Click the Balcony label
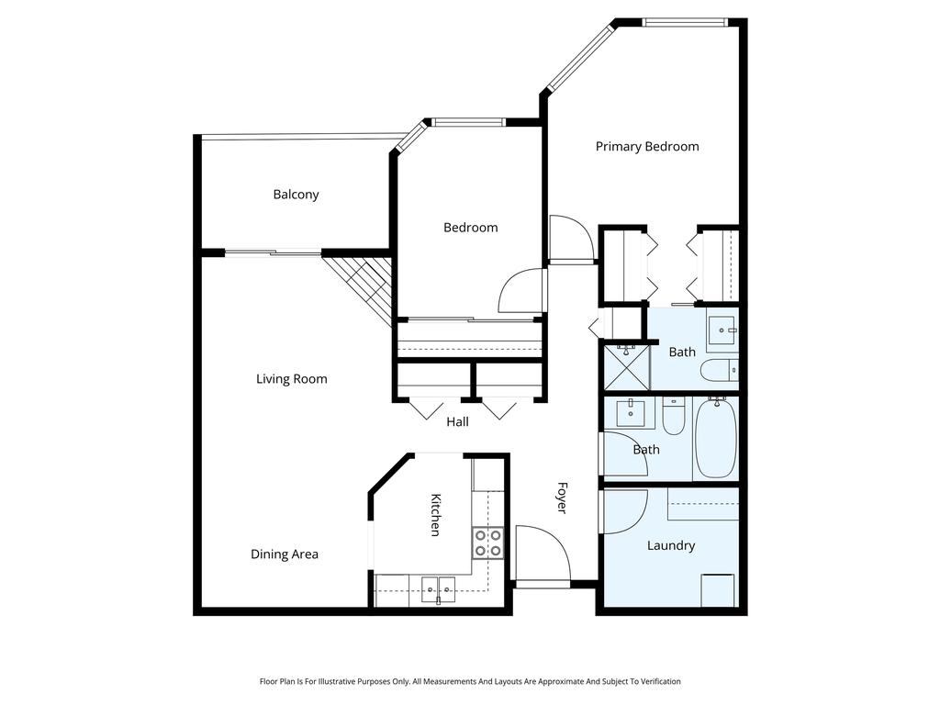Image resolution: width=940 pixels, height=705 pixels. pos(296,195)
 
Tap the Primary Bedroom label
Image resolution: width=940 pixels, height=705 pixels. pos(647,147)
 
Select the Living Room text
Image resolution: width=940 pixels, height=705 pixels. pos(291,379)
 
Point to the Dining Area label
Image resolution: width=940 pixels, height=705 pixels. pos(285,554)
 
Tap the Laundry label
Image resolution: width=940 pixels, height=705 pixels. pos(671,545)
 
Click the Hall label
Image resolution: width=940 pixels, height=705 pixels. pos(457,422)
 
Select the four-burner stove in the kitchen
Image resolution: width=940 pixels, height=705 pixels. pos(488,543)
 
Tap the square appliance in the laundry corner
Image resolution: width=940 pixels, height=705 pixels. pos(718,589)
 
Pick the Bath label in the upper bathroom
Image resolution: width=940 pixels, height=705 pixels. pos(682,352)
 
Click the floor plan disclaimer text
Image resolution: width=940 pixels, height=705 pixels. pos(470,681)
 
